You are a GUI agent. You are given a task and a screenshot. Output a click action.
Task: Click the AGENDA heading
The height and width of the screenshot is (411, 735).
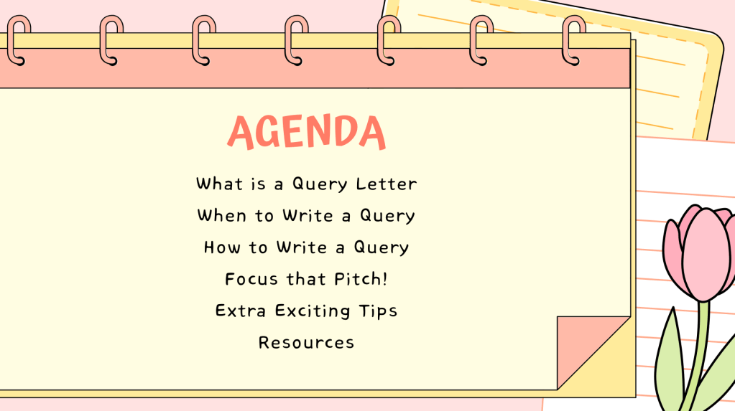(x=307, y=132)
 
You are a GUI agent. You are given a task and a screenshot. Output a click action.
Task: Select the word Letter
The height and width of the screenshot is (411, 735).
(x=387, y=184)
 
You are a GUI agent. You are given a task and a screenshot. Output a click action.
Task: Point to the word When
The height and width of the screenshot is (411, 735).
(x=222, y=215)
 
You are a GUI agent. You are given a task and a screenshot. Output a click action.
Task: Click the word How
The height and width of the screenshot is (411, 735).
(x=223, y=247)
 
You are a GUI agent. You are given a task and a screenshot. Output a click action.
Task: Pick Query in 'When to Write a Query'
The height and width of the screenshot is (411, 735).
(x=387, y=217)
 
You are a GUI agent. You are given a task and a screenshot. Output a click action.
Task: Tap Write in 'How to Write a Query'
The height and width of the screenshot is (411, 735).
(x=302, y=247)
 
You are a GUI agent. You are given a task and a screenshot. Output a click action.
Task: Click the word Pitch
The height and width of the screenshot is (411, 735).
(x=357, y=279)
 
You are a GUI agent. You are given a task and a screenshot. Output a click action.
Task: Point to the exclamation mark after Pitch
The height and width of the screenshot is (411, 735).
(x=385, y=279)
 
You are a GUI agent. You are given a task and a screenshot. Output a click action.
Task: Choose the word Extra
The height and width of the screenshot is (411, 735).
(x=241, y=311)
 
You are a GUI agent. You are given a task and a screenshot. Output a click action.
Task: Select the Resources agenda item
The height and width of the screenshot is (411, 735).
(x=307, y=343)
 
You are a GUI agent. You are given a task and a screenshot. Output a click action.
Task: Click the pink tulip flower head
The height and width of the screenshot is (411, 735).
(x=699, y=252)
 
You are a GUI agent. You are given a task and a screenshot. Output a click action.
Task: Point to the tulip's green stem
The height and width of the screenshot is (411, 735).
(x=698, y=356)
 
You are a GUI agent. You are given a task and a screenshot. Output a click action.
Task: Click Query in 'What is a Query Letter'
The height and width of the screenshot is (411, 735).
(x=320, y=184)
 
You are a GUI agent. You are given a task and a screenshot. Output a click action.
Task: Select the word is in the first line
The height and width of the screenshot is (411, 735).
(x=258, y=184)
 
